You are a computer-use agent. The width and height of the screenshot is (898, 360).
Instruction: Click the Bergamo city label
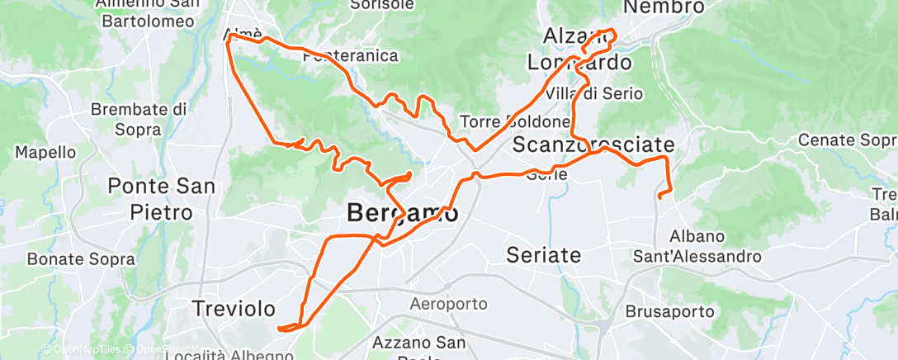402,213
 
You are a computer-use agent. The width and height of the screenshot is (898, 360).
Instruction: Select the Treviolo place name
234,309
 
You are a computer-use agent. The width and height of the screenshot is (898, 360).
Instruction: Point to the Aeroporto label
448,305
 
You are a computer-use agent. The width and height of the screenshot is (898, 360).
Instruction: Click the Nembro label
664,7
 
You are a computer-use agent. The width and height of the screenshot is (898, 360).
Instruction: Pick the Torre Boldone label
515,121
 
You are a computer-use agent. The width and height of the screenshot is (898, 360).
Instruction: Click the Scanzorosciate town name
593,144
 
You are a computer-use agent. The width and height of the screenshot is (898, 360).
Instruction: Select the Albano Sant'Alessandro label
697,246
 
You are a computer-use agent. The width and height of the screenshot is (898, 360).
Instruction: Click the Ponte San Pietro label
162,198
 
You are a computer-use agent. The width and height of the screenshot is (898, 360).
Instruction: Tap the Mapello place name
45,153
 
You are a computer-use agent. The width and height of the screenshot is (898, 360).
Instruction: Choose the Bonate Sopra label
81,259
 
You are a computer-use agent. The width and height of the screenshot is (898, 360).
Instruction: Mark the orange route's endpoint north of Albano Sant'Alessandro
659,196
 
